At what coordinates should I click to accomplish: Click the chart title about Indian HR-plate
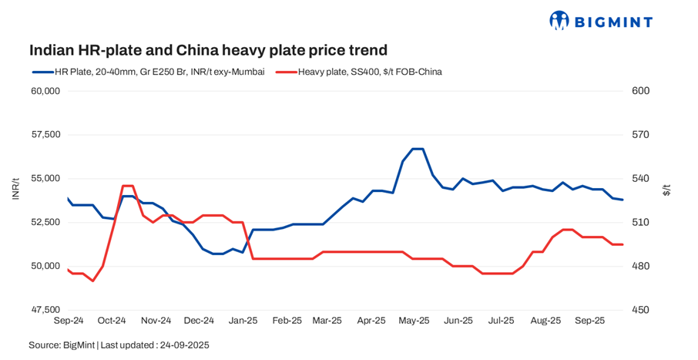pyautogui.click(x=208, y=50)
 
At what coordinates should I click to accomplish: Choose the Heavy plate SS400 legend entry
pyautogui.click(x=359, y=72)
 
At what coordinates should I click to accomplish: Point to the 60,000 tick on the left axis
pyautogui.click(x=44, y=91)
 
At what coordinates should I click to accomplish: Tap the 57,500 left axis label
pyautogui.click(x=44, y=135)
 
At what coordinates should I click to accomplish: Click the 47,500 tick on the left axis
pyautogui.click(x=44, y=310)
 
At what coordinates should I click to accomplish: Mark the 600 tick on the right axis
pyautogui.click(x=641, y=91)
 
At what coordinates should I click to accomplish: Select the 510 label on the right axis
pyautogui.click(x=641, y=222)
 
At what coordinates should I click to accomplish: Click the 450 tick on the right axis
pyautogui.click(x=641, y=310)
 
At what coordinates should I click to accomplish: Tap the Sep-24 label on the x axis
pyautogui.click(x=69, y=320)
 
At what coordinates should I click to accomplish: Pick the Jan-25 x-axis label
pyautogui.click(x=243, y=320)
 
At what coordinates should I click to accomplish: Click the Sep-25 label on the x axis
pyautogui.click(x=590, y=320)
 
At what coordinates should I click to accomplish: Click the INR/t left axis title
pyautogui.click(x=15, y=189)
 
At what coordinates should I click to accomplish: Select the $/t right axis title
pyautogui.click(x=667, y=189)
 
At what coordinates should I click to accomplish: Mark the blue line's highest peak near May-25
pyautogui.click(x=417, y=149)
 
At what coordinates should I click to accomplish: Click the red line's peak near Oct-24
pyautogui.click(x=128, y=186)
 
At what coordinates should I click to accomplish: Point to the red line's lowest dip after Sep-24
pyautogui.click(x=92, y=281)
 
